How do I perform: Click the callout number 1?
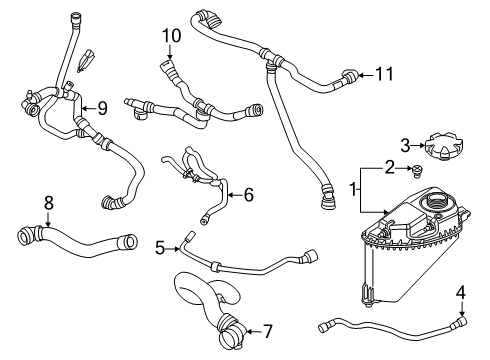(x=351, y=187)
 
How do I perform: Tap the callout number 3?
(x=405, y=146)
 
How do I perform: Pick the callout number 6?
(x=249, y=195)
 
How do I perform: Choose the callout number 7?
(x=268, y=330)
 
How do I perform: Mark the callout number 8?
(x=47, y=204)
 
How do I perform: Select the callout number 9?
(x=100, y=108)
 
